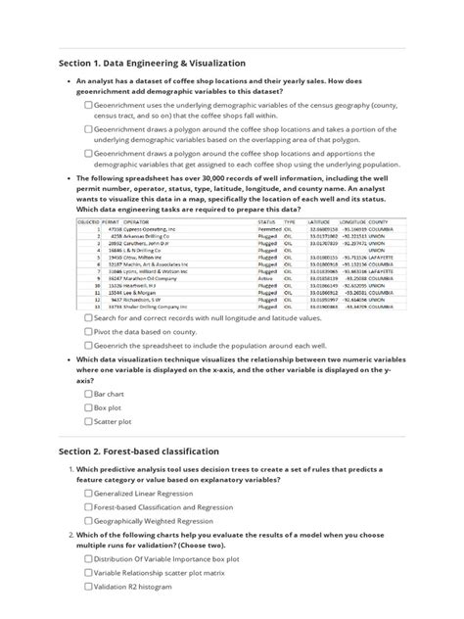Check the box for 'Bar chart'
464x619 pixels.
[89, 393]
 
